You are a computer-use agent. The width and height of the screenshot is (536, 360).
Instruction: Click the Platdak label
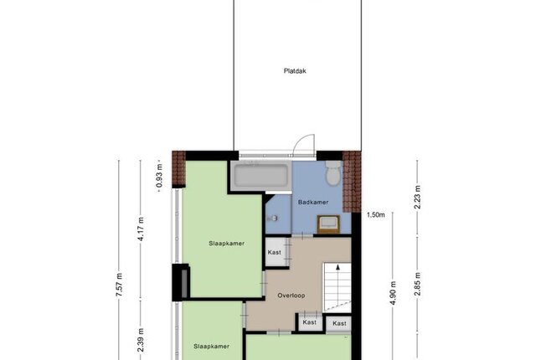pos(295,71)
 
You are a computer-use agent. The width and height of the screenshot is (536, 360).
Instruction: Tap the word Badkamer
pos(313,203)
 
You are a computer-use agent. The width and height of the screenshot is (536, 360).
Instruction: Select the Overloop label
pos(291,296)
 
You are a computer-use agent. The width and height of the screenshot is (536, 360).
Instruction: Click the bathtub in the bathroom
pos(261,176)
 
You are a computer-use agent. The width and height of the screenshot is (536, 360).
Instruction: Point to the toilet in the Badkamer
pos(333,173)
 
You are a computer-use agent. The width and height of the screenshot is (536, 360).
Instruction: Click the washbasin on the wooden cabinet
pos(328,224)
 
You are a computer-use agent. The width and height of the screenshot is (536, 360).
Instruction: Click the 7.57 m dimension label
pos(119,285)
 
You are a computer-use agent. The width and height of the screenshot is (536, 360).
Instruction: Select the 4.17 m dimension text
pos(141,229)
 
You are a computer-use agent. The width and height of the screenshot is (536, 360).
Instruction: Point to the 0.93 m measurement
pos(159,176)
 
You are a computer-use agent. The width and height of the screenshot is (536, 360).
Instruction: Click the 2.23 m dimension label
pos(417,197)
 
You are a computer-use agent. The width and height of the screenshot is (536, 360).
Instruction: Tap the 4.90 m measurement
pos(393,293)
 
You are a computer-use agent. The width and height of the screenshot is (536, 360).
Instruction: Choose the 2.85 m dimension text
pos(417,284)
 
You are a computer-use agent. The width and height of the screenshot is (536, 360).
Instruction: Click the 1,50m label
pos(376,215)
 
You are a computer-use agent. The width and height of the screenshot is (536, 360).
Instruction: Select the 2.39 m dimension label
pos(141,340)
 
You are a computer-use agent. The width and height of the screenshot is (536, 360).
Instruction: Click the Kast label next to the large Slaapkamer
pos(274,252)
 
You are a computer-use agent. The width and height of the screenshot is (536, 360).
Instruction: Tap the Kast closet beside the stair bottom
pos(339,323)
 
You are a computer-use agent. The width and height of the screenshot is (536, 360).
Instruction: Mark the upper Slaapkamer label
pos(227,244)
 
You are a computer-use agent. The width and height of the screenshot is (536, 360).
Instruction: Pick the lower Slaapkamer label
pos(211,347)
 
